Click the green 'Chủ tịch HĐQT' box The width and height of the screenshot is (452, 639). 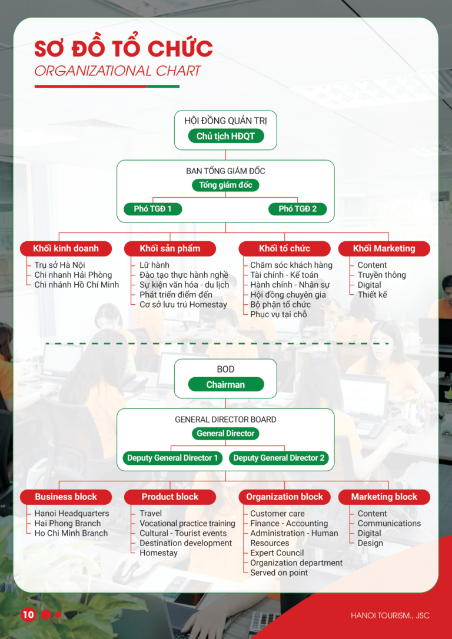pos(225,137)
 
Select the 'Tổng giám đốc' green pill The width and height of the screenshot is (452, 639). pos(225,185)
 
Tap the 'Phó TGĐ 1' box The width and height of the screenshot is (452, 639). pos(152,209)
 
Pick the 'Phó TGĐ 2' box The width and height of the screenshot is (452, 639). pos(297,209)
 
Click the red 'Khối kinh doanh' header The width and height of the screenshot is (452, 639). pos(66,248)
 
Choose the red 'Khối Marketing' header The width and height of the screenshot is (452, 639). pos(384,248)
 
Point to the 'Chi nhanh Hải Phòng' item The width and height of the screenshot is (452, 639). pos(73,275)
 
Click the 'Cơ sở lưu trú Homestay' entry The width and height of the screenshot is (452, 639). pos(183,304)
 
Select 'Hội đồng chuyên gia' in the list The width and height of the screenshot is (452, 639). pos(288,295)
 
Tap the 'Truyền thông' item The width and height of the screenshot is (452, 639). pos(381,275)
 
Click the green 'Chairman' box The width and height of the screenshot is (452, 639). pos(225,385)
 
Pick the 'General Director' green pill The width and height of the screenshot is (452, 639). pos(225,434)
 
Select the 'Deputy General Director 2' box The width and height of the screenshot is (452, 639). pos(278,458)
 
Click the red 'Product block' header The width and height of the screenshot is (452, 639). pos(170,497)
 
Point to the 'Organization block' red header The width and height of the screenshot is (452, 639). pos(284,497)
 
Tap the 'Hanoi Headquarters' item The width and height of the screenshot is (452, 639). pos(72,514)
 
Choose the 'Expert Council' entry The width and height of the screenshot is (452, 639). pos(277,553)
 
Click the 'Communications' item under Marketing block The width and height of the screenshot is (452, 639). pos(389,524)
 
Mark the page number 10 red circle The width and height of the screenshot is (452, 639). pos(28,615)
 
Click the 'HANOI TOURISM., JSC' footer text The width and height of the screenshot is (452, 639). pos(390,615)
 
